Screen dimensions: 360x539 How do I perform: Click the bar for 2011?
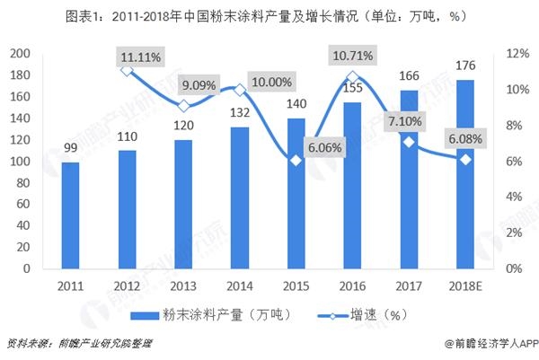72,215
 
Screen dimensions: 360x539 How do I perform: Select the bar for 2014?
237,198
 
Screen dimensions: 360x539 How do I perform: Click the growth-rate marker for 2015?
294,161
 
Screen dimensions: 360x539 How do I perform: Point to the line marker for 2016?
351,77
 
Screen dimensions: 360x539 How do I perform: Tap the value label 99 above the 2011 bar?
72,150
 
